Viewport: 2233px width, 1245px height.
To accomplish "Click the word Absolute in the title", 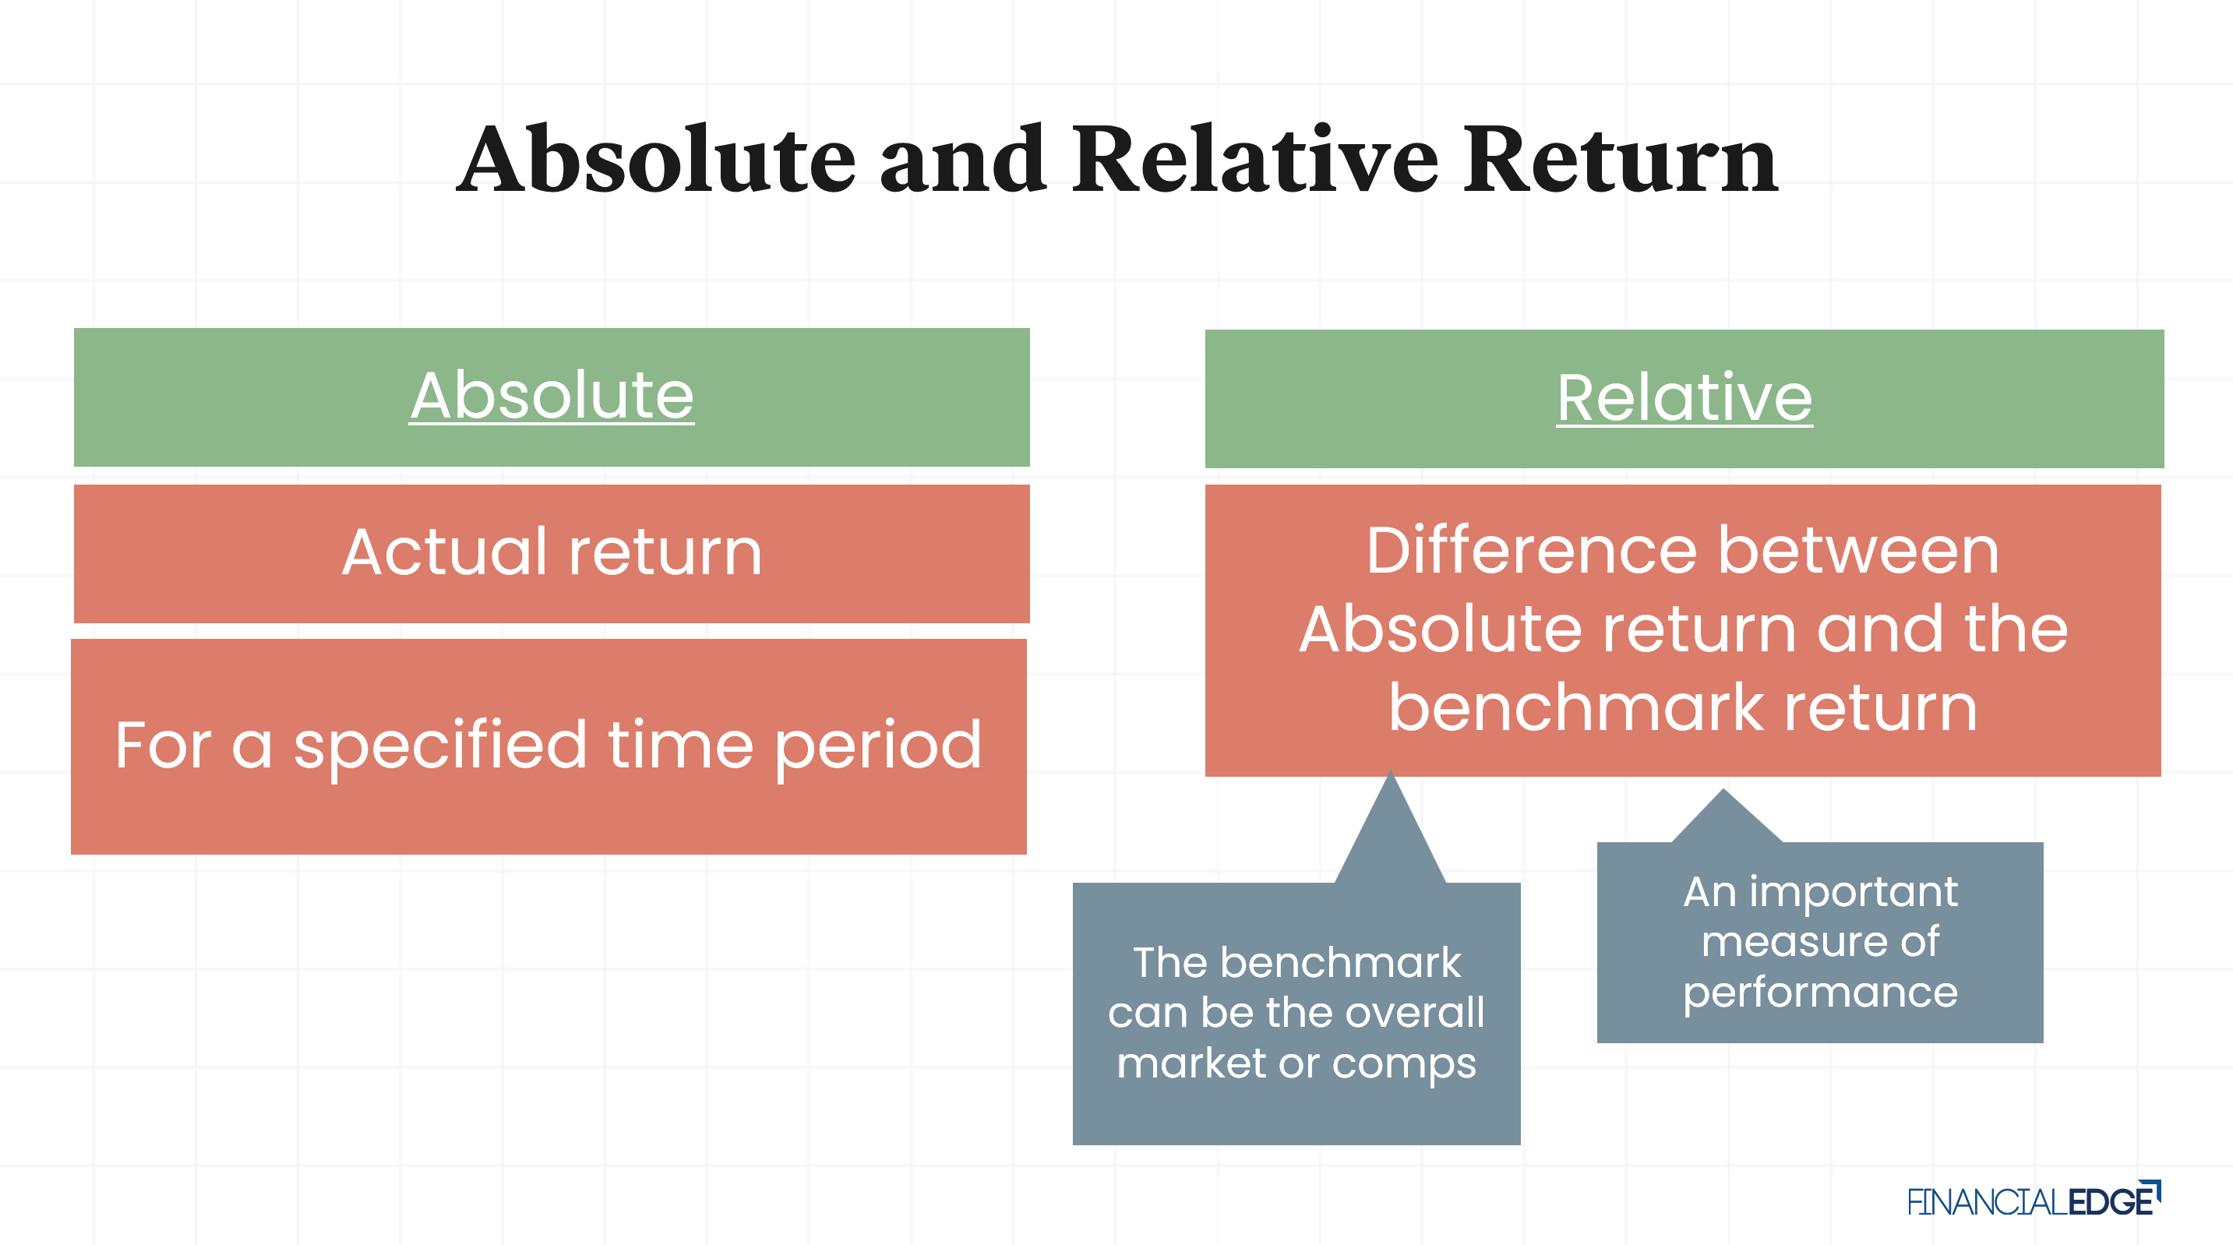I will coord(656,160).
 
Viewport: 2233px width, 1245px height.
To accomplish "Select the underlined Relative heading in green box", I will coord(1684,398).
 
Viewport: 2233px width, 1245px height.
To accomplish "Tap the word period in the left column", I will coord(877,746).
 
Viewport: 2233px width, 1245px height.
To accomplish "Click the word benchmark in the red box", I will coord(1576,707).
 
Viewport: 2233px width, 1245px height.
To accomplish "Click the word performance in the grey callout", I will coord(1819,992).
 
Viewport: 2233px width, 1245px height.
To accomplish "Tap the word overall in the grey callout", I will coord(1414,1012).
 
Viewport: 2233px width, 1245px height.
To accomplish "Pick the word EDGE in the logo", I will coord(2111,1201).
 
